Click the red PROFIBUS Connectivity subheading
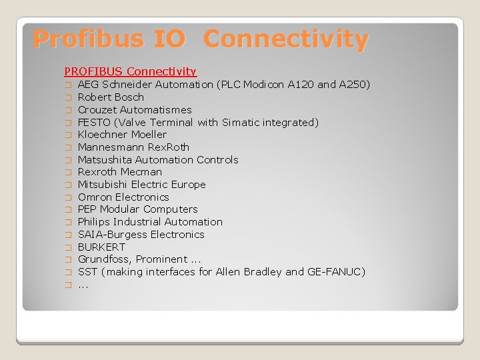130,71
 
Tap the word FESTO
94,123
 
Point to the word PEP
87,209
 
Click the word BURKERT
101,247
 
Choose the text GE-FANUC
336,272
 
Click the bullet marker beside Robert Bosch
67,98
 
